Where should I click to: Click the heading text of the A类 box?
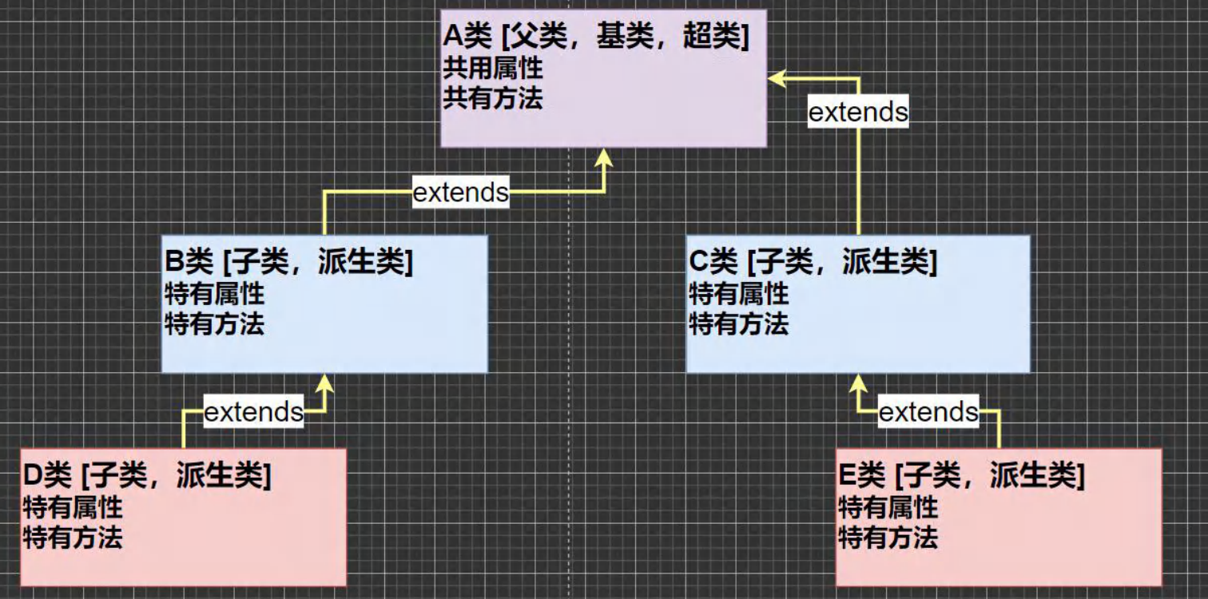tap(596, 38)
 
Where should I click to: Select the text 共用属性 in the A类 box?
tap(493, 68)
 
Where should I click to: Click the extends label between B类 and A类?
tap(461, 192)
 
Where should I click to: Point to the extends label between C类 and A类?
tap(858, 112)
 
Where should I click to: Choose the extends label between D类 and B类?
tap(253, 412)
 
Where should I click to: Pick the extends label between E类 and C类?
tap(928, 412)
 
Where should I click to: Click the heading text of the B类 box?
tap(288, 262)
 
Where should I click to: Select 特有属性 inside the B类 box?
tap(214, 294)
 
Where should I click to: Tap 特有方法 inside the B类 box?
tap(214, 324)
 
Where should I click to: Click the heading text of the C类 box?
tap(812, 262)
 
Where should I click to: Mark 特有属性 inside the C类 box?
tap(738, 294)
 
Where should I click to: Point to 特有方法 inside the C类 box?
tap(738, 324)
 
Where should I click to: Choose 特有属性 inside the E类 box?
tap(888, 507)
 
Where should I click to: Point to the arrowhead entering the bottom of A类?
tap(604, 157)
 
